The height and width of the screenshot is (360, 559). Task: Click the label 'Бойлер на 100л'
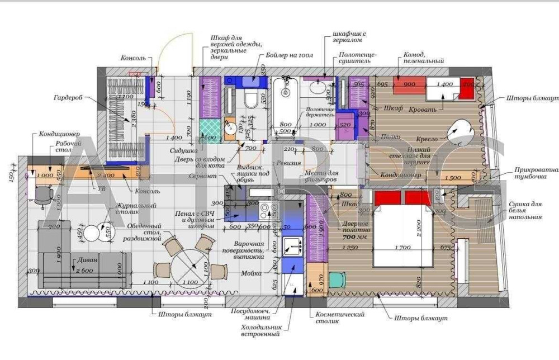[x=285, y=55]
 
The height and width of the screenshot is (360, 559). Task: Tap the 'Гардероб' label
[x=68, y=97]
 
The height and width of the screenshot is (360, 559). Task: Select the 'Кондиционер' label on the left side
[x=59, y=134]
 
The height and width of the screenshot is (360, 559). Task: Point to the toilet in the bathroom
[x=251, y=100]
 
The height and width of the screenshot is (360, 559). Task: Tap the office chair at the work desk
[x=43, y=195]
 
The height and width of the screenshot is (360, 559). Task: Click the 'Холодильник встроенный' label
[x=260, y=330]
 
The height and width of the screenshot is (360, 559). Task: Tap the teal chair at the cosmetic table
[x=338, y=278]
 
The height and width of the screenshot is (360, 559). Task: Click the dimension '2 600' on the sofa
[x=84, y=271]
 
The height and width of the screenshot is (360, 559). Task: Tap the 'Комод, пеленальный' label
[x=423, y=58]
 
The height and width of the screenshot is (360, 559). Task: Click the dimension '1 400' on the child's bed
[x=445, y=84]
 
